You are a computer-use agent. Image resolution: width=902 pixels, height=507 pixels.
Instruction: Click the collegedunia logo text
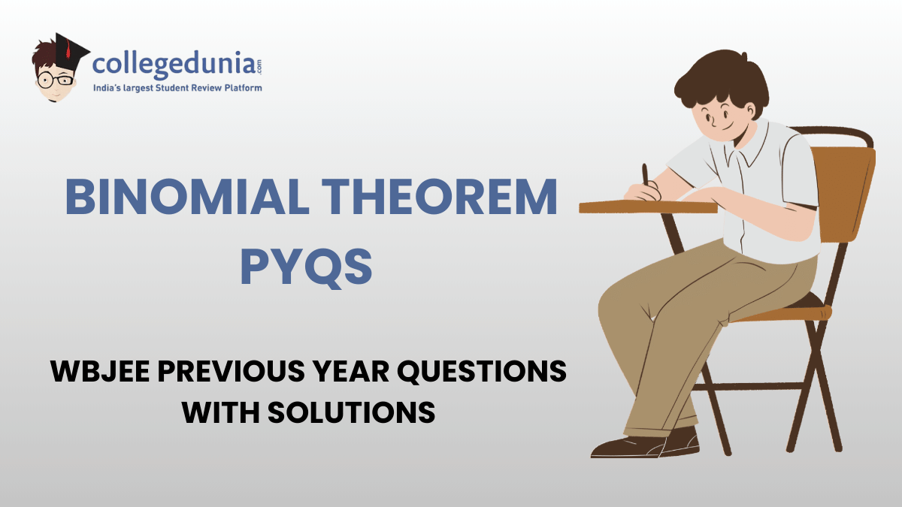tap(177, 65)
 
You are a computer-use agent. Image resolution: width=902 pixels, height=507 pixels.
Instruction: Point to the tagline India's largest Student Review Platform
tap(177, 89)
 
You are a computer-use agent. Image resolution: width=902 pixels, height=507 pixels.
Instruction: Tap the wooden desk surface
tap(646, 205)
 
